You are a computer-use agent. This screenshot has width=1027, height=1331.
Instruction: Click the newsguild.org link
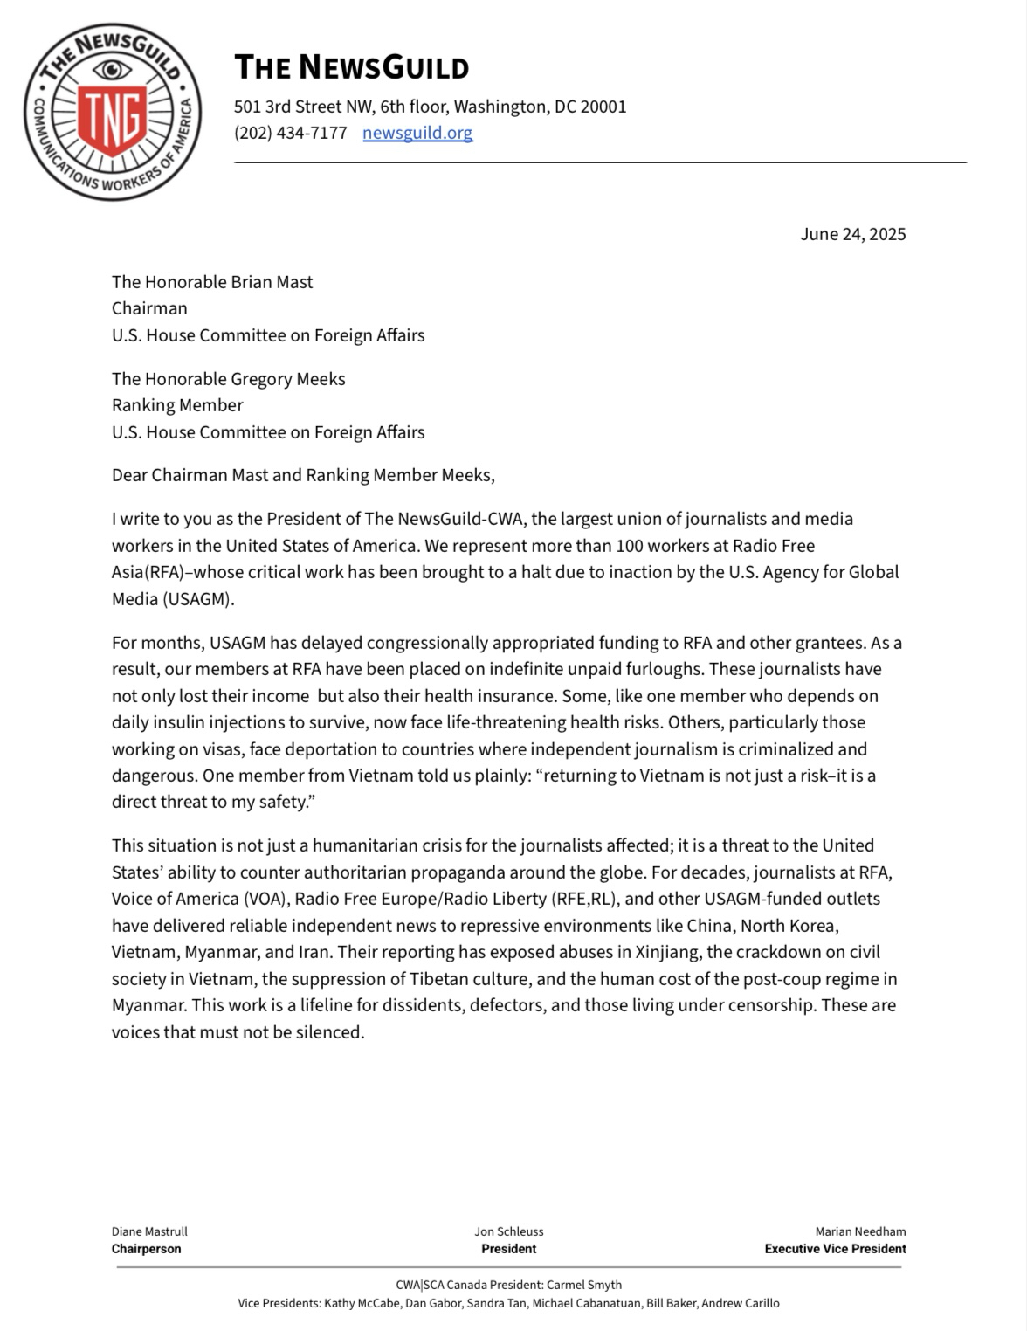click(x=417, y=133)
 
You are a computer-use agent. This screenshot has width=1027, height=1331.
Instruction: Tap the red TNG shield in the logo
click(x=112, y=117)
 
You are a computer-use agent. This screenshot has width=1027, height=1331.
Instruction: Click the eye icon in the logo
click(x=112, y=69)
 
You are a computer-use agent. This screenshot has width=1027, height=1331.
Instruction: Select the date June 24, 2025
click(x=852, y=234)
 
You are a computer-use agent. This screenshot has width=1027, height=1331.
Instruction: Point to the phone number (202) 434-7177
click(x=290, y=133)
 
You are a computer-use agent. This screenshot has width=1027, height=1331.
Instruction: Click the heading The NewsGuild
click(x=351, y=67)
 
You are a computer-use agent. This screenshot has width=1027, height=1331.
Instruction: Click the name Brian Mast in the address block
click(x=272, y=282)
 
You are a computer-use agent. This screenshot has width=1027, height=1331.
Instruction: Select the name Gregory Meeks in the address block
click(x=287, y=379)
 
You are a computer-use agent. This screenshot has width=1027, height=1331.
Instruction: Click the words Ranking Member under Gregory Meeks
click(x=177, y=405)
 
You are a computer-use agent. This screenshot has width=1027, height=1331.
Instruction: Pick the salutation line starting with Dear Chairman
click(x=303, y=475)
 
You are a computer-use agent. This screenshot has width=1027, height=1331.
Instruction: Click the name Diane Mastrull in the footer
click(x=149, y=1231)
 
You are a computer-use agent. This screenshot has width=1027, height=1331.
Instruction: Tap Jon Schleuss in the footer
click(x=509, y=1231)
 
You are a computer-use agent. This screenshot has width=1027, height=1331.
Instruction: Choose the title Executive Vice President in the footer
click(x=835, y=1249)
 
